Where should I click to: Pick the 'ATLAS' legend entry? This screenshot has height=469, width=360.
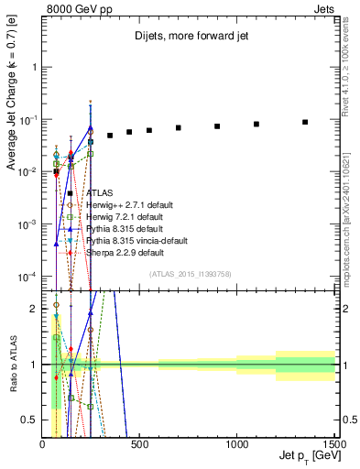tap(100, 193)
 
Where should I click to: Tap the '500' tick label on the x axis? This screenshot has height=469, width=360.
tap(140, 444)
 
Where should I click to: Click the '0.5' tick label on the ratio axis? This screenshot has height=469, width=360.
tap(31, 420)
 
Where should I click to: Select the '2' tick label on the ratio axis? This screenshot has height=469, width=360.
tap(35, 309)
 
